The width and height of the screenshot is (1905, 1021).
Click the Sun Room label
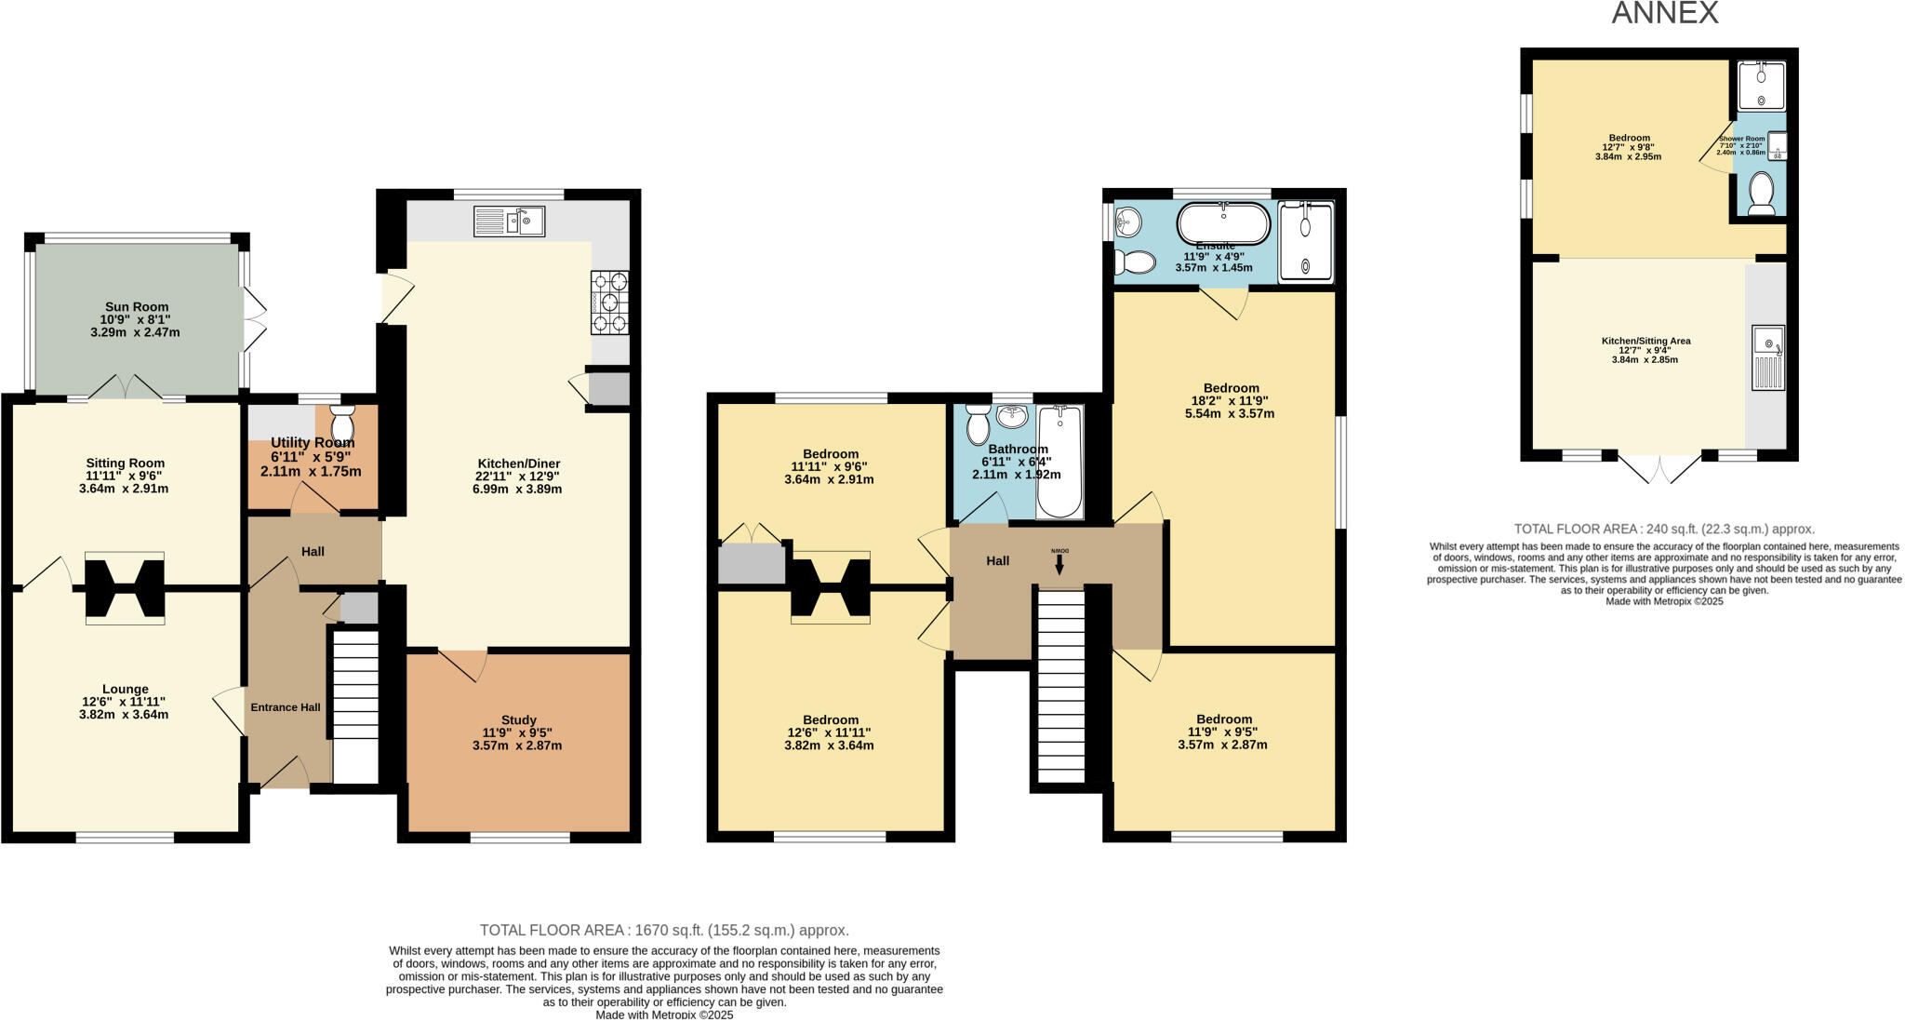[136, 307]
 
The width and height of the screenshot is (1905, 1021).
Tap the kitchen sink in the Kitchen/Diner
[509, 222]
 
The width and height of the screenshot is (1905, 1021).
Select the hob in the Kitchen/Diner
[609, 302]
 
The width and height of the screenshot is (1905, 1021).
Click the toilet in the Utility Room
[342, 421]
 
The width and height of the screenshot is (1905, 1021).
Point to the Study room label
[518, 720]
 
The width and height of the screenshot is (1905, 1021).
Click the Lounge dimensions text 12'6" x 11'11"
[125, 703]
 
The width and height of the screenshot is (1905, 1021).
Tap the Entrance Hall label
[285, 707]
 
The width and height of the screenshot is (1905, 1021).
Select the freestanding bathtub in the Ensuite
[1222, 223]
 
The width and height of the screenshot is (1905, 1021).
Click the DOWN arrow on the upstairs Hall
[1059, 562]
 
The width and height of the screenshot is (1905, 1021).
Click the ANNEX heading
[1664, 13]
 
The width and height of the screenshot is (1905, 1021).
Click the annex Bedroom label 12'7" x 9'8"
[1628, 147]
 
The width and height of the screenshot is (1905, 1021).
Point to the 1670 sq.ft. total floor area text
[664, 930]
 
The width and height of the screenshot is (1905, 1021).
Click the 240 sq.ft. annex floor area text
[1664, 529]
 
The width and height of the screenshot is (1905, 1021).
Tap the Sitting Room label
[125, 463]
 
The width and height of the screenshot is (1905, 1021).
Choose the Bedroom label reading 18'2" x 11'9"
[1230, 401]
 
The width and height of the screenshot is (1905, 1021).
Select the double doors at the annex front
[1660, 469]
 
